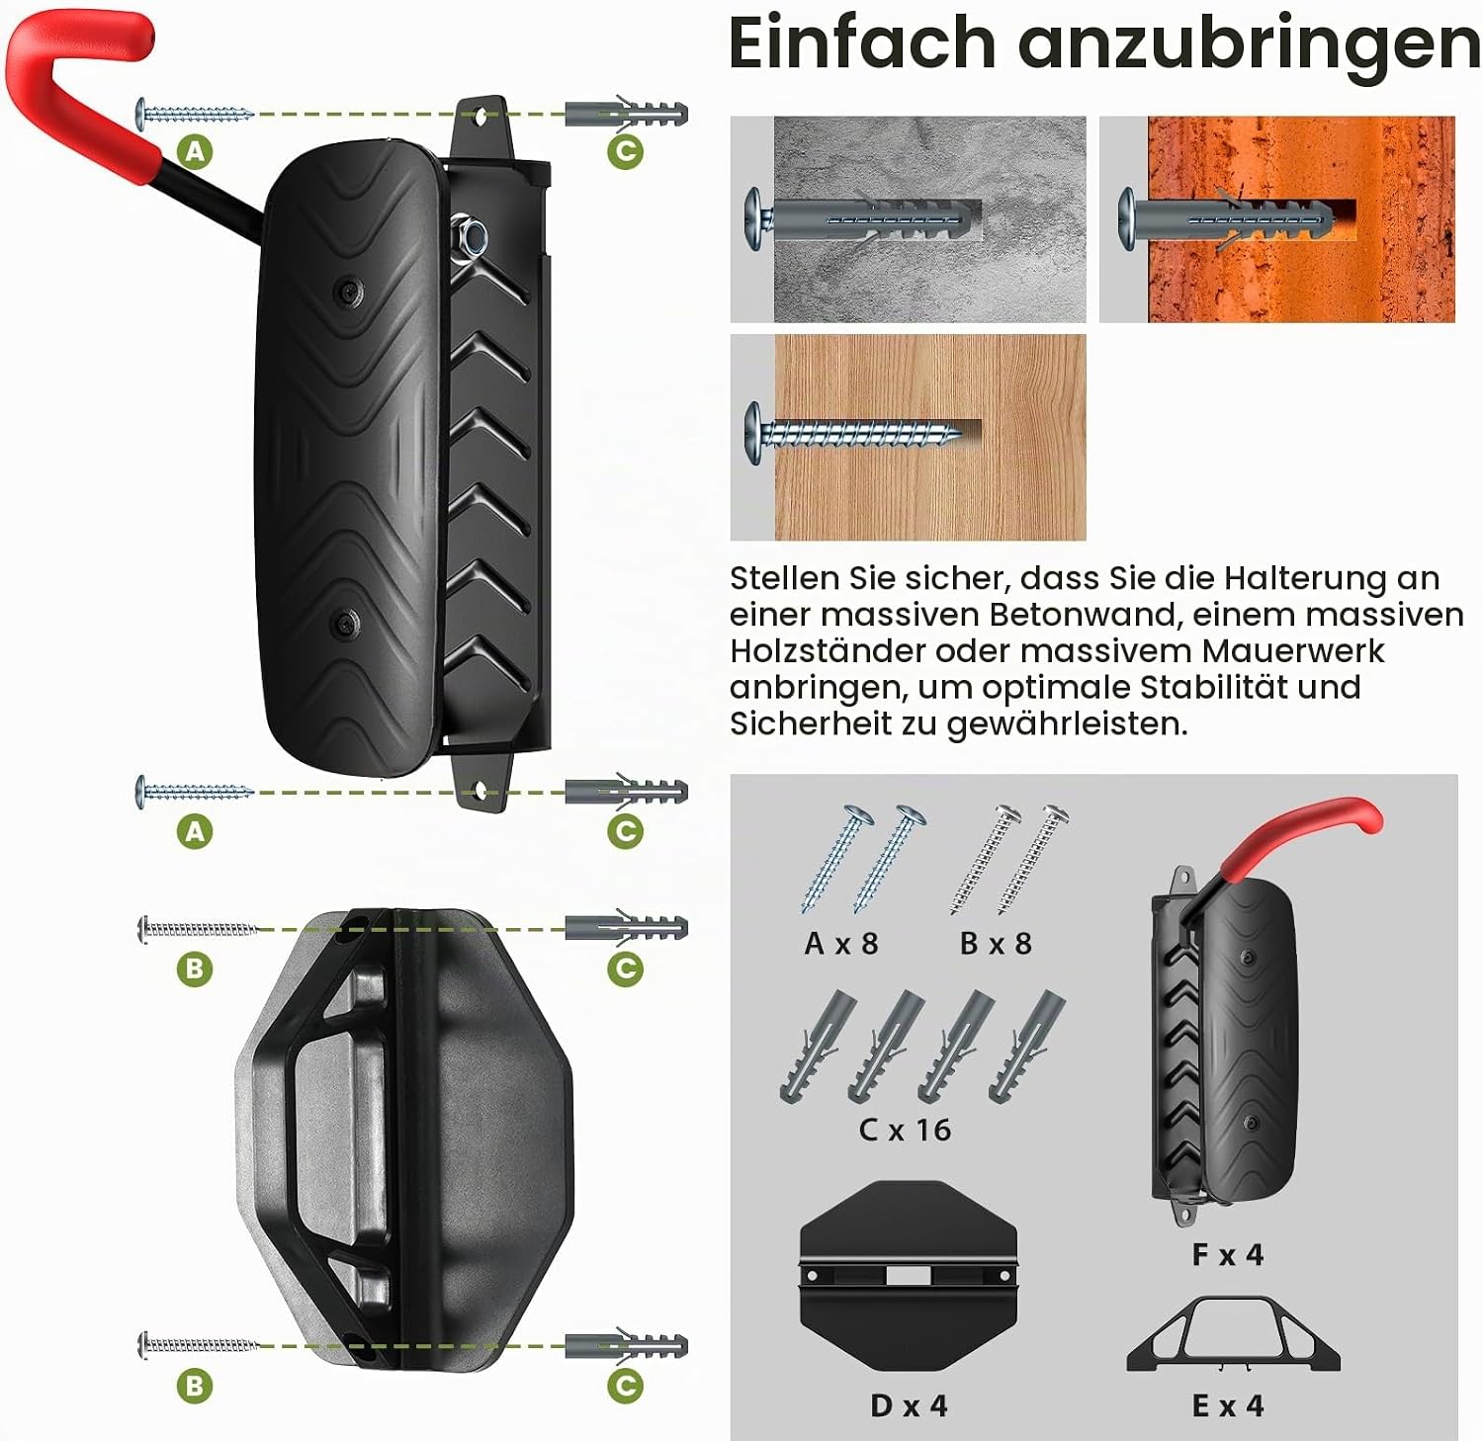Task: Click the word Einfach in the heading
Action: click(x=862, y=43)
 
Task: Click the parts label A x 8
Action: click(x=841, y=944)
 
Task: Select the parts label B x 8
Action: click(x=996, y=944)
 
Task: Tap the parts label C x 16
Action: click(x=905, y=1130)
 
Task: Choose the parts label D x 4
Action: click(x=909, y=1405)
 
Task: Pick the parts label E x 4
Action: click(x=1228, y=1405)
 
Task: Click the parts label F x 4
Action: click(x=1228, y=1255)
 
